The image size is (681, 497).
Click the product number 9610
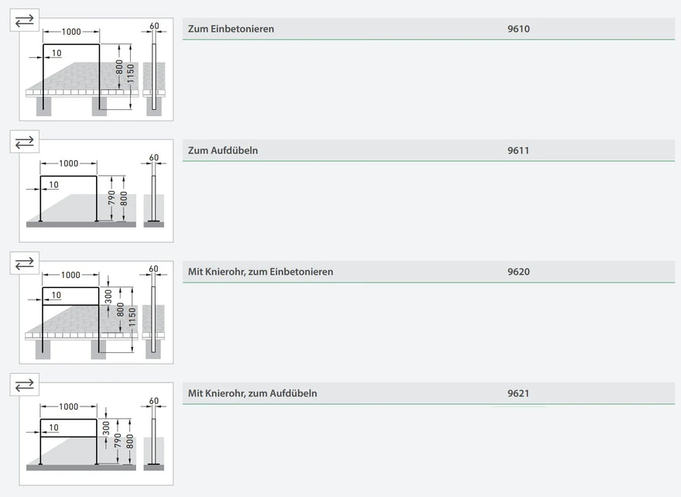coord(518,29)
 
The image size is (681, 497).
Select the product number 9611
coord(518,151)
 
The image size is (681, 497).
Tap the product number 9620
coord(518,272)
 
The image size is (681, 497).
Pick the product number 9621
coord(518,393)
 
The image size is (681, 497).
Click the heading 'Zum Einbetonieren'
coord(231,29)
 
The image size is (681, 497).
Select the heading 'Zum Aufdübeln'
coord(223,151)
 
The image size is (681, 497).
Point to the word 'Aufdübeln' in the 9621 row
coord(293,393)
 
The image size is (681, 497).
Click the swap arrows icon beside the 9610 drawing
coord(24,20)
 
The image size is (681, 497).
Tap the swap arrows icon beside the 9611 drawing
coord(24,142)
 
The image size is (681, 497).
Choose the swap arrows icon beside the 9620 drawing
coord(24,263)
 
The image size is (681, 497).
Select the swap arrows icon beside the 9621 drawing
coord(24,385)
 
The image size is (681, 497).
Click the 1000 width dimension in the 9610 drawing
coord(71,32)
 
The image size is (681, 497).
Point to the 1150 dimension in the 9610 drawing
coord(130,74)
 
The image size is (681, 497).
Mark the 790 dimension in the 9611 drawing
coord(111,197)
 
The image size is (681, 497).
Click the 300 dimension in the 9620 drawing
coord(108,296)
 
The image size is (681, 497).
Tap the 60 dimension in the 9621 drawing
coord(154,400)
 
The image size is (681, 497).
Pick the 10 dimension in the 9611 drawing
coord(53,185)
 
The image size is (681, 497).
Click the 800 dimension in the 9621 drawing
coord(129,442)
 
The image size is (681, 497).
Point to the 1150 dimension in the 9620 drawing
coord(132,317)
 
